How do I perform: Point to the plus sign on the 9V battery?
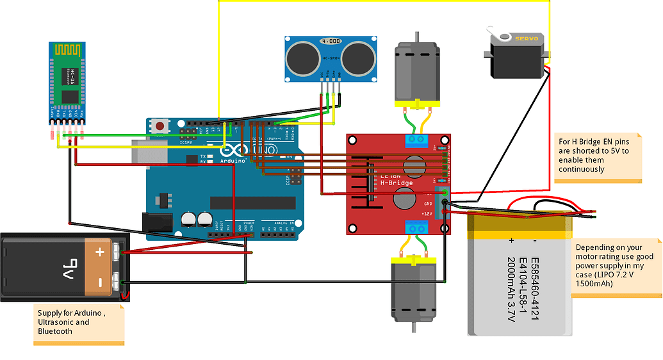[x=100, y=252]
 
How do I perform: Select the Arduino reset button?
[x=159, y=126]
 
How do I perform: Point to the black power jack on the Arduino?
[x=156, y=222]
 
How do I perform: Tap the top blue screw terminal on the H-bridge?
[x=416, y=140]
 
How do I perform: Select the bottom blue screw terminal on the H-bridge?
[x=416, y=226]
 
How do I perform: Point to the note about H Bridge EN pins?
[x=597, y=155]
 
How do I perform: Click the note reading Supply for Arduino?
[x=78, y=322]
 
